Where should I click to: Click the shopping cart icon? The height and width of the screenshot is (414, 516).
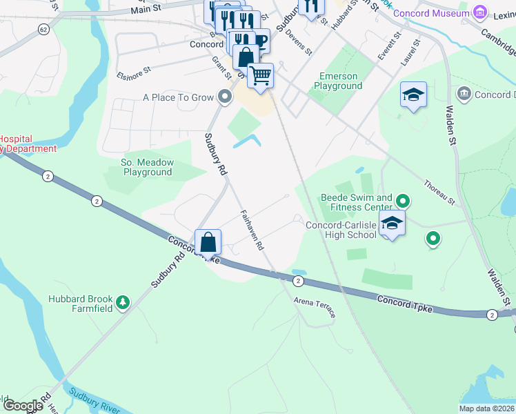260,75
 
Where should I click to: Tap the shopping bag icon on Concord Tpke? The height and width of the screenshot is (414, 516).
208,242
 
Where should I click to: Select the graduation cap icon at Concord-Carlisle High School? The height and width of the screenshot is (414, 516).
392,224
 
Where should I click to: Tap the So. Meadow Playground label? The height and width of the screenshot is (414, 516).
148,167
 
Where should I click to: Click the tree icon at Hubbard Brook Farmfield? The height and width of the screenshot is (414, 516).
123,302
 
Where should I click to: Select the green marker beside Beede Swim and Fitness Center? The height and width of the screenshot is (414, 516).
404,201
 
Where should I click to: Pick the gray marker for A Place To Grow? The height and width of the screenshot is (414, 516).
224,97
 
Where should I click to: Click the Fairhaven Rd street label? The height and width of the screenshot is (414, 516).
252,230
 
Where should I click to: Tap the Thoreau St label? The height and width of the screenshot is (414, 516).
439,193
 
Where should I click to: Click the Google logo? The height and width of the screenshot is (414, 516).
22,405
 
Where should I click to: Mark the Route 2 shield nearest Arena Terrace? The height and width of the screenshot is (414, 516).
297,281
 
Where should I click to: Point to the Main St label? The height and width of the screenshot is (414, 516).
147,11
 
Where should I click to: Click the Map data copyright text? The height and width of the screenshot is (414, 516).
486,408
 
